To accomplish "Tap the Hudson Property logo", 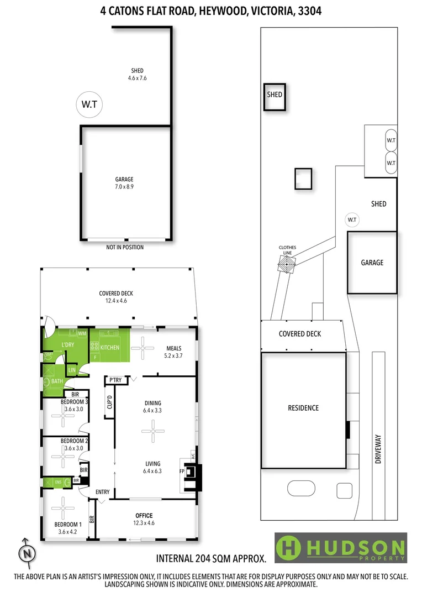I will click(341, 548).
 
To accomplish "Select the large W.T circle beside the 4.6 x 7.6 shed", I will click(89, 104).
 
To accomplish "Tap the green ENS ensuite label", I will click(57, 482).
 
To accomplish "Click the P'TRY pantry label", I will click(115, 380).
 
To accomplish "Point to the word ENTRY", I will click(103, 492).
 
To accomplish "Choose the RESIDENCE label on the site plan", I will click(303, 408).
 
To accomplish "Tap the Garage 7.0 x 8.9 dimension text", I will click(124, 187).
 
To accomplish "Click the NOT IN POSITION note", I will click(125, 247).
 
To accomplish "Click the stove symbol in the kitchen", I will click(94, 347).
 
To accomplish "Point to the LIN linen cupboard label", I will click(72, 370).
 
